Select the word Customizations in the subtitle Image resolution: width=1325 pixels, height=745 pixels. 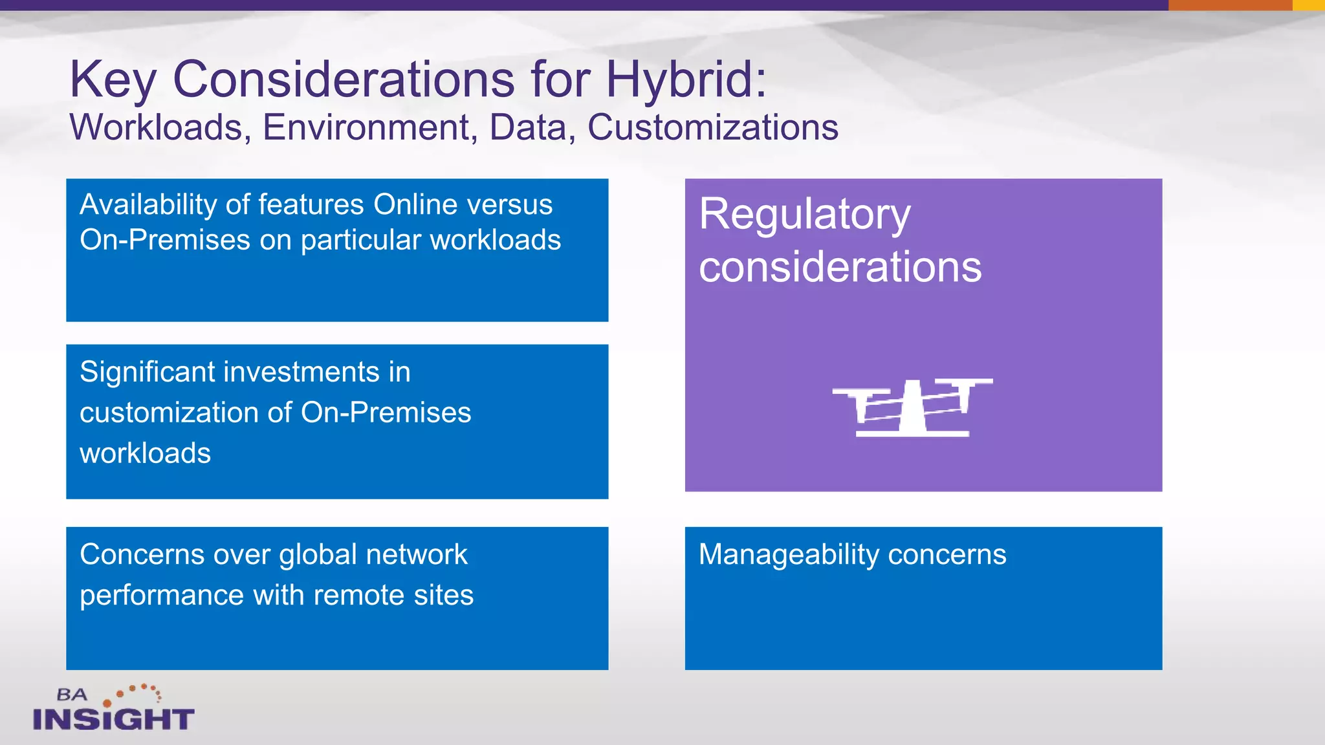[x=712, y=127]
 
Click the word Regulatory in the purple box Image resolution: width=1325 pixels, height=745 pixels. [x=804, y=215]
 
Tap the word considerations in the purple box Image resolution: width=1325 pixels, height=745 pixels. [x=840, y=267]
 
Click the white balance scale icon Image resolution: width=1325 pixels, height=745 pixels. [x=912, y=407]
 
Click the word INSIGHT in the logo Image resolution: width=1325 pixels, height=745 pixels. [x=114, y=719]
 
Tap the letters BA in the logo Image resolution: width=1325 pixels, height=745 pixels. [x=71, y=695]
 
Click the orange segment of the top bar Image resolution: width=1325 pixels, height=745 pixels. [x=1229, y=5]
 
